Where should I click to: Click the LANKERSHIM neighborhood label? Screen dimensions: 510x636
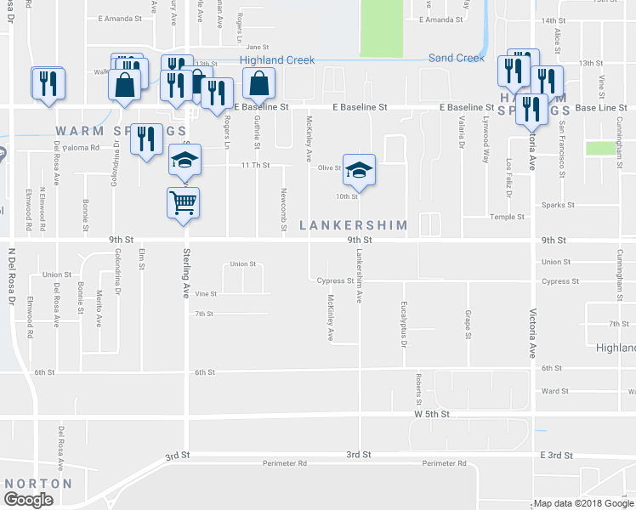point(353,225)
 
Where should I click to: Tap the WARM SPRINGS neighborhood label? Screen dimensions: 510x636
point(120,130)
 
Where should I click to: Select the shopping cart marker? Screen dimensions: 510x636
point(184,203)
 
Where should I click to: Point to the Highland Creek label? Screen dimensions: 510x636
point(277,60)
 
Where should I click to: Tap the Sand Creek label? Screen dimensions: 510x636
point(456,58)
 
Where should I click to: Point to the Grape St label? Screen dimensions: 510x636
point(468,324)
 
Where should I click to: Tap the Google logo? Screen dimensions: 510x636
point(29,500)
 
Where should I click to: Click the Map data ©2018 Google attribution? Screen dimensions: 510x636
point(583,503)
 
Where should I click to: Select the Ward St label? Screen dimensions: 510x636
point(555,392)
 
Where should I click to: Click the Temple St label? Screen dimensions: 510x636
point(555,218)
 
